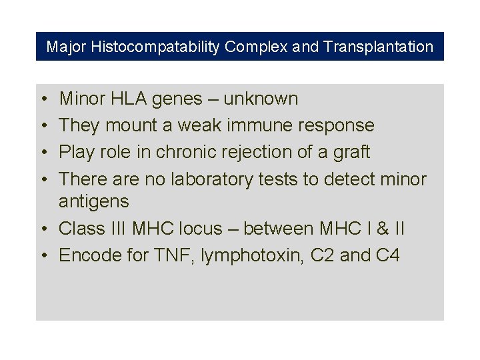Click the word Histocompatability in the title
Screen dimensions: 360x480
(x=156, y=47)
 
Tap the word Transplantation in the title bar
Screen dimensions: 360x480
(x=378, y=47)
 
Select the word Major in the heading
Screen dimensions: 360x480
(x=66, y=47)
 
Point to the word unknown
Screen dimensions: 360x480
(x=261, y=99)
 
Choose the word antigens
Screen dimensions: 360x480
(x=93, y=201)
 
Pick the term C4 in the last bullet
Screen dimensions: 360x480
(x=387, y=255)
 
